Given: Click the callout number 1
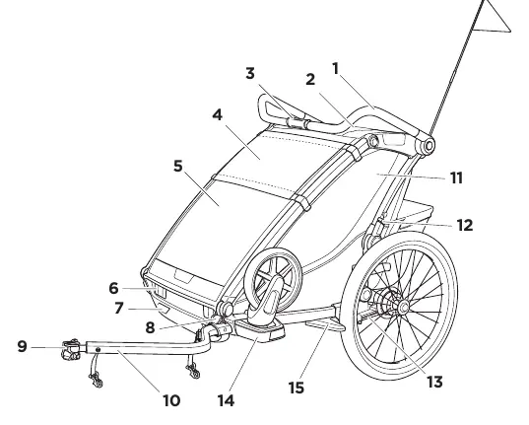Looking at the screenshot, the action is (335, 69).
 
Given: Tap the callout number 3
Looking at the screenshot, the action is (250, 73).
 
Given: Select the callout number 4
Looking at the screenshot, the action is (218, 114).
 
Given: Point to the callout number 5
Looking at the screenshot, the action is (177, 166).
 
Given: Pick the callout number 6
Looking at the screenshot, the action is (113, 288).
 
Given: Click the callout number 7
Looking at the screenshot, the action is (118, 308).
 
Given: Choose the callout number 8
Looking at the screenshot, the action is (150, 327).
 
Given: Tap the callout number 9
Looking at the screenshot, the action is (22, 346).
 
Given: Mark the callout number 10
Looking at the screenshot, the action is (171, 400).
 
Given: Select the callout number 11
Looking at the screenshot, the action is (456, 177).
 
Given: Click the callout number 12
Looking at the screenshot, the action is (465, 225).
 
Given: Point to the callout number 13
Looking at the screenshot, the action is (434, 382).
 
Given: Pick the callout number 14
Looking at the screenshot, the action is (226, 401).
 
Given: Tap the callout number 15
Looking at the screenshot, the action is (297, 388).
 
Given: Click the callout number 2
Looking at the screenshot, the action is (310, 80).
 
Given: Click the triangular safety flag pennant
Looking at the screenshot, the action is (493, 19).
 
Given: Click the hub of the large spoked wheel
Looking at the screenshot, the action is (403, 307).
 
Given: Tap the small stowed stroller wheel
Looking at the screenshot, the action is (273, 278).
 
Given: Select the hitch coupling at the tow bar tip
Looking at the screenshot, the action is (72, 350).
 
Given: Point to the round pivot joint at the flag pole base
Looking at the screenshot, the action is (429, 146).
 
